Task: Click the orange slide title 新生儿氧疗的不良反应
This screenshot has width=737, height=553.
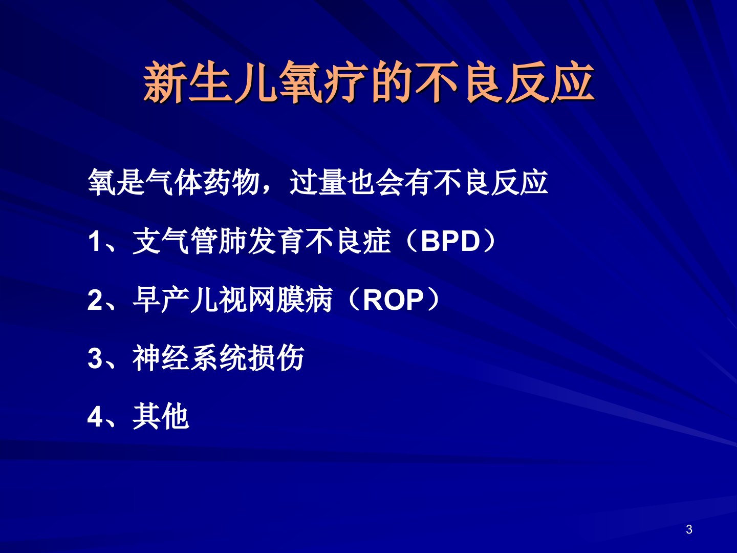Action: pyautogui.click(x=368, y=82)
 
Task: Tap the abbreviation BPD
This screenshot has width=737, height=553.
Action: pyautogui.click(x=450, y=241)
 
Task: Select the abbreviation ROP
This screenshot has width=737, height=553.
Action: pyautogui.click(x=393, y=300)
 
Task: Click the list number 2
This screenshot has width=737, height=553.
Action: pyautogui.click(x=94, y=300)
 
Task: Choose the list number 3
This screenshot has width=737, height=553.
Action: pyautogui.click(x=94, y=358)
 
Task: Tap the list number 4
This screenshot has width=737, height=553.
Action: pyautogui.click(x=95, y=417)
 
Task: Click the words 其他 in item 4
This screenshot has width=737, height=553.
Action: pyautogui.click(x=161, y=416)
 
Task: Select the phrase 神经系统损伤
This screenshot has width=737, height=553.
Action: pyautogui.click(x=219, y=358)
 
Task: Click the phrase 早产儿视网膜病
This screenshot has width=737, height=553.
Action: pyautogui.click(x=233, y=300)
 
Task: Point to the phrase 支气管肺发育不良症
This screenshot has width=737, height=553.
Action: pyautogui.click(x=262, y=241)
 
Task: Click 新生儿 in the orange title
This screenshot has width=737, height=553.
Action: pyautogui.click(x=210, y=82)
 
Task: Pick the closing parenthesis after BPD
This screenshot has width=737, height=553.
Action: pyautogui.click(x=488, y=241)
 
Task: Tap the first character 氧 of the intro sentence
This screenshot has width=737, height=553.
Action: pyautogui.click(x=102, y=183)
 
